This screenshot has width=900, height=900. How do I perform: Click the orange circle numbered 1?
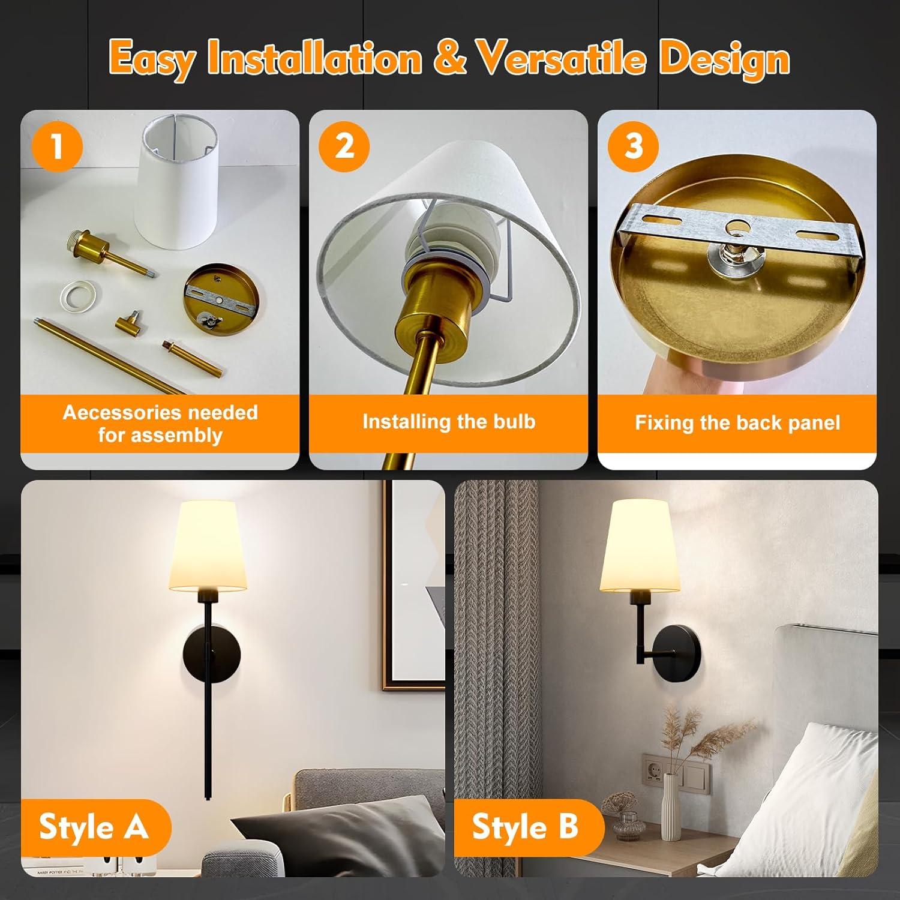57,146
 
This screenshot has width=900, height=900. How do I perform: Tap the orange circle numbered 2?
344,146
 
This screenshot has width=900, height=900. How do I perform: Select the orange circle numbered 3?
634,146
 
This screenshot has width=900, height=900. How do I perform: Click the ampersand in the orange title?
449,59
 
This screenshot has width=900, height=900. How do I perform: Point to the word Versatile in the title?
560,59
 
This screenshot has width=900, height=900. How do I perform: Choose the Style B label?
525,827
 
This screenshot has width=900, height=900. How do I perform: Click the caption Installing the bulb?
448,422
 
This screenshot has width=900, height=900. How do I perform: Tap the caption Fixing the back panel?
737,423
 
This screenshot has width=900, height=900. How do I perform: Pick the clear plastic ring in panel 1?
80,293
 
